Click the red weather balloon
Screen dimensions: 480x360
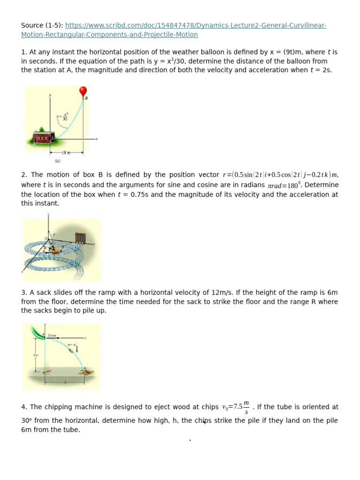click(83, 91)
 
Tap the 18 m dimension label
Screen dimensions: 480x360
click(66, 153)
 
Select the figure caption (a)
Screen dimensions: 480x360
click(58, 160)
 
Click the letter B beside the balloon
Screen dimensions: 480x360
click(86, 98)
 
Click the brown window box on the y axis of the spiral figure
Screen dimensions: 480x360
click(81, 238)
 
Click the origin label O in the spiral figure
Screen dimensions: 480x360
click(46, 239)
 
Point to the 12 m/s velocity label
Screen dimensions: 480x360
click(52, 335)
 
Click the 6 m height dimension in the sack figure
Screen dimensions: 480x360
click(36, 355)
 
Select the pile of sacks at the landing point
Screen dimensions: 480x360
click(86, 373)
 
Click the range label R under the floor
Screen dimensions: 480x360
click(65, 382)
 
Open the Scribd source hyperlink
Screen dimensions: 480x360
click(195, 25)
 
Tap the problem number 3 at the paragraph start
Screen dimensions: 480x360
click(23, 292)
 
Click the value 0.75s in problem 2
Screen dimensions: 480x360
click(138, 195)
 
